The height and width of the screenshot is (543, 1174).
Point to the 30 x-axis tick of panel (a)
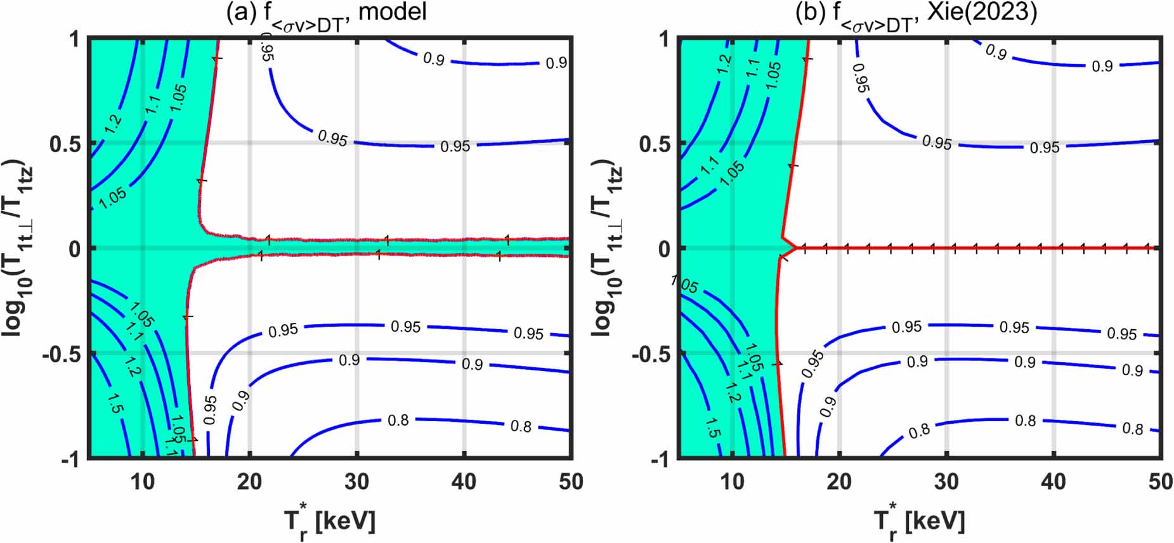356,481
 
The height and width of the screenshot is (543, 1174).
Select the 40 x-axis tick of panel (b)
1053,481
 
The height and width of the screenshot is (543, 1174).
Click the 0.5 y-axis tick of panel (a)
65,144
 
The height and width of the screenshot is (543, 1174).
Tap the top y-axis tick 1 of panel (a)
74,39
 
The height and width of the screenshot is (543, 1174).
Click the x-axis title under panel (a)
329,522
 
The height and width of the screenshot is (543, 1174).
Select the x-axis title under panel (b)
919,522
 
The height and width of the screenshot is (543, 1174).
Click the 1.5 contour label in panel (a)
115,403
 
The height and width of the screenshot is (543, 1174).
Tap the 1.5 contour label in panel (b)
712,428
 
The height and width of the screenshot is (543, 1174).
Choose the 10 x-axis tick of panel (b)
732,481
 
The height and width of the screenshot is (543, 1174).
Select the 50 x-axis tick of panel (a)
570,481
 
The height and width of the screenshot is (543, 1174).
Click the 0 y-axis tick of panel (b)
663,249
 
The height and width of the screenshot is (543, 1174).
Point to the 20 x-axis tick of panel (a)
249,481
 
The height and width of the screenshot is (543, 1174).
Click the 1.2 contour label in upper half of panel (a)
114,124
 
